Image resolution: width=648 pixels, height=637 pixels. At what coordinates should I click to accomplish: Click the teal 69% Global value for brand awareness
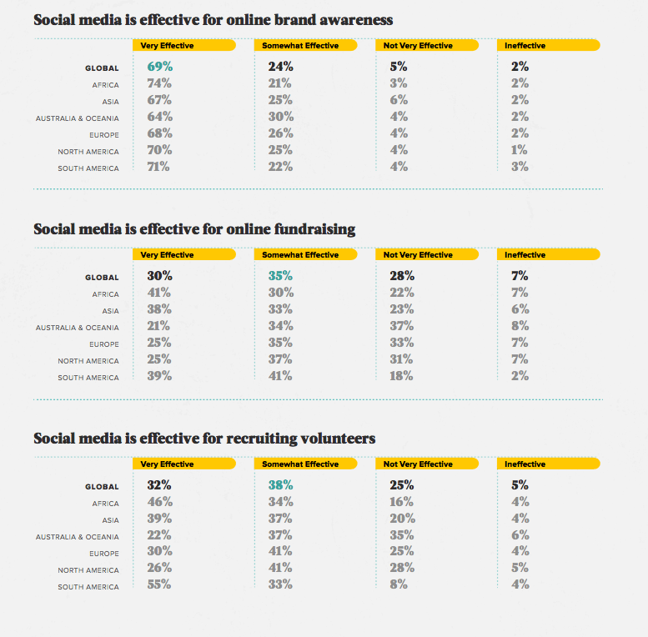click(x=159, y=66)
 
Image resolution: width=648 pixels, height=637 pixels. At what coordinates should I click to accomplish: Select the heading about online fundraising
click(x=194, y=228)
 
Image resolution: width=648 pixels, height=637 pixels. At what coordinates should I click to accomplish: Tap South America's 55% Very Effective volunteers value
click(x=159, y=584)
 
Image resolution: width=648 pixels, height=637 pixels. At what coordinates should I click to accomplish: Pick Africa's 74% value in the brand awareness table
click(x=159, y=83)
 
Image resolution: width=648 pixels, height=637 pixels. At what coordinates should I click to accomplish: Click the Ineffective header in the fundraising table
click(x=525, y=255)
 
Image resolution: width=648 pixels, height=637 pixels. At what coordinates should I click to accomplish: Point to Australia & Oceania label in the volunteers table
click(x=77, y=537)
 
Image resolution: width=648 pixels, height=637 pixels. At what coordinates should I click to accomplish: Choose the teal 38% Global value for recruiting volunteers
click(x=280, y=484)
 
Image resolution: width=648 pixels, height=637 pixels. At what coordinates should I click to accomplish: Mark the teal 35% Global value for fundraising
click(x=280, y=275)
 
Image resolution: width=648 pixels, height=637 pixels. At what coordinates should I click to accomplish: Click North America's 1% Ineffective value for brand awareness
click(x=520, y=150)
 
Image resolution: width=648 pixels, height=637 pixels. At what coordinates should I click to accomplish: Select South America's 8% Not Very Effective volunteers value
click(x=399, y=584)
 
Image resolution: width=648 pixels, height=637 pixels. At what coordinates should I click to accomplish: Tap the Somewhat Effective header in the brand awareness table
click(x=300, y=46)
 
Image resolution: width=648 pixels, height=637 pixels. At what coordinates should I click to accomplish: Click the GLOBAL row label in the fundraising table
click(x=102, y=278)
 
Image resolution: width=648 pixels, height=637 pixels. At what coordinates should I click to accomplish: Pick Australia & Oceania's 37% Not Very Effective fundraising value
click(x=401, y=326)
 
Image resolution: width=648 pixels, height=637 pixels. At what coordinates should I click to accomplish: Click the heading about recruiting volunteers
click(x=204, y=438)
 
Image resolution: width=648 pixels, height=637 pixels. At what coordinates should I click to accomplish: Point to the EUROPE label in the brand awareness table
click(x=104, y=135)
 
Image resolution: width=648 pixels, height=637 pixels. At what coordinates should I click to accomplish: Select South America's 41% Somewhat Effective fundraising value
click(x=280, y=376)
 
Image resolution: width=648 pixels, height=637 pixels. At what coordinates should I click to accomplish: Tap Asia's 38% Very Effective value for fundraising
click(x=159, y=309)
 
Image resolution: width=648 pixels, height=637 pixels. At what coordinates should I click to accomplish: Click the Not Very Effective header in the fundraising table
click(x=418, y=255)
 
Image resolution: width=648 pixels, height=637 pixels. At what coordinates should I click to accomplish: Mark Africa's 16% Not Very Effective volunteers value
click(x=401, y=501)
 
